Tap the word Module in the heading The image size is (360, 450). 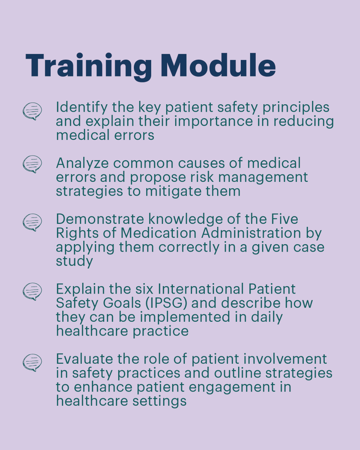[x=218, y=65]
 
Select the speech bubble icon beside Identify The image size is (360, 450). [x=32, y=111]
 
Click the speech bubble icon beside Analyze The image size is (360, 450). [x=32, y=164]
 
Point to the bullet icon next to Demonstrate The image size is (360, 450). [x=32, y=222]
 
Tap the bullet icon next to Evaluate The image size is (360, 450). [x=32, y=363]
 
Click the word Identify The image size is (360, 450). [x=76, y=108]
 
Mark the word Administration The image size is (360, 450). [x=251, y=233]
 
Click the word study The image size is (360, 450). [x=74, y=261]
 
